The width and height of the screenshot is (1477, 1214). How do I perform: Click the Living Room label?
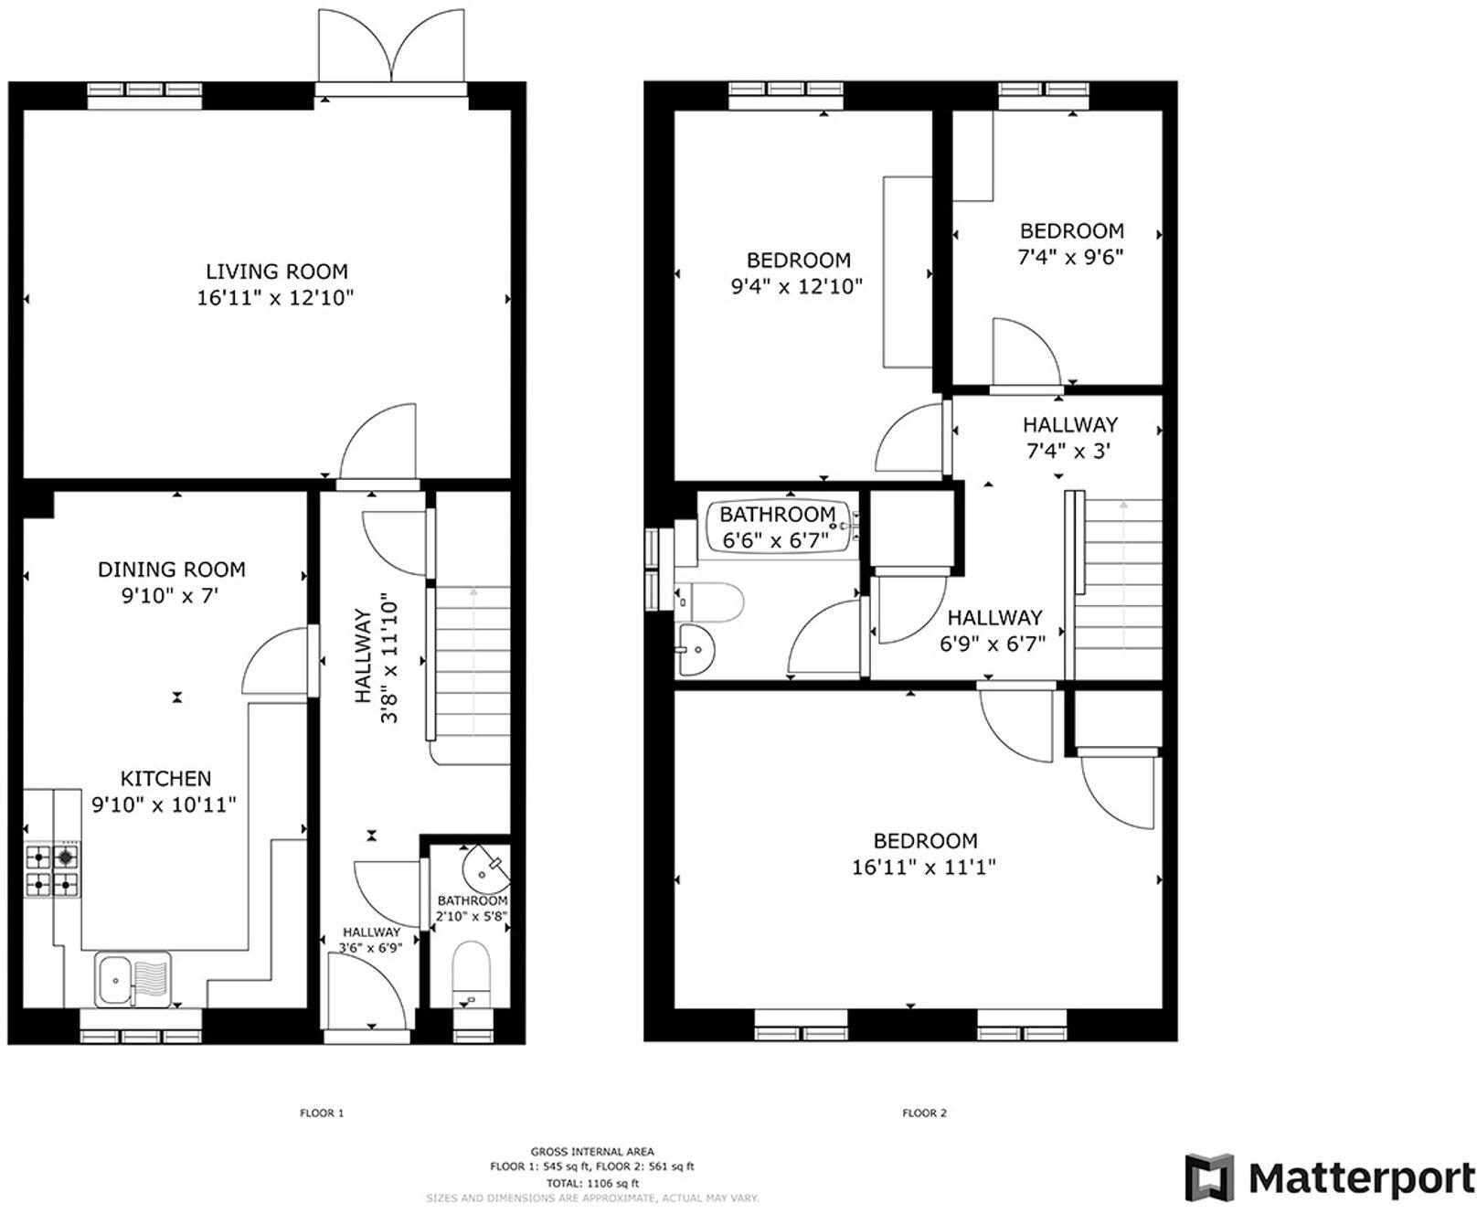tap(276, 272)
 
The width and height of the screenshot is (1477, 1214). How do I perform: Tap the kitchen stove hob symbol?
tap(51, 870)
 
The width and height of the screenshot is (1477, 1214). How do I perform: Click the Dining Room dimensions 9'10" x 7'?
tap(172, 596)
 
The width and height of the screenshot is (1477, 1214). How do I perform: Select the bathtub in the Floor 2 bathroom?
tap(781, 527)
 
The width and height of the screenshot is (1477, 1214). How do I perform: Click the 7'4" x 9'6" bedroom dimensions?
tap(1070, 257)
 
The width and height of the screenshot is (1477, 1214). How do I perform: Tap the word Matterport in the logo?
tap(1361, 1178)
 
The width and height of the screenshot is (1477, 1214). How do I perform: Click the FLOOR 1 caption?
tap(322, 1113)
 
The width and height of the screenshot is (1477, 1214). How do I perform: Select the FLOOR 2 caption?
tap(924, 1113)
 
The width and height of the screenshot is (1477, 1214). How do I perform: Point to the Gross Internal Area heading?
tap(591, 1152)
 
